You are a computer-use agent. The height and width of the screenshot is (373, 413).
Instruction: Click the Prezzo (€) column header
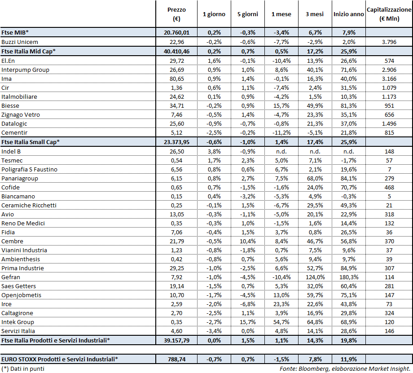pos(176,14)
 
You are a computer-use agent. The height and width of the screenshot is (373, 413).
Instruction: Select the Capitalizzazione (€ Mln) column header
pos(389,14)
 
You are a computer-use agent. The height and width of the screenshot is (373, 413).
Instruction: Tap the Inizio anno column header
pos(348,14)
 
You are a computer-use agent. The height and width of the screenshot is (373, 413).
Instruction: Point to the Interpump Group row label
pos(25,70)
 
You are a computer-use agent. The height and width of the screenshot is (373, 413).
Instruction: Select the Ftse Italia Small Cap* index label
pos(30,142)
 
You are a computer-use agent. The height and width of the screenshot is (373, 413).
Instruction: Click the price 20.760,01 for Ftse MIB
pos(176,33)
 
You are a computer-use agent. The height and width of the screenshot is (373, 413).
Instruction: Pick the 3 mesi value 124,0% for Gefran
pos(315,277)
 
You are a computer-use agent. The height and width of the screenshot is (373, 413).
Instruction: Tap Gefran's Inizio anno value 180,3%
pos(348,277)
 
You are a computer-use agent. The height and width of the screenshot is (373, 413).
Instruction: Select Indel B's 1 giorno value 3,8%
pos(214,152)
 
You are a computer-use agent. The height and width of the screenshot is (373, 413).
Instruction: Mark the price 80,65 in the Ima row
pos(176,79)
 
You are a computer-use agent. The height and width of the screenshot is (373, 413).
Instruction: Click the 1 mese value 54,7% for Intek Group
pos(281,322)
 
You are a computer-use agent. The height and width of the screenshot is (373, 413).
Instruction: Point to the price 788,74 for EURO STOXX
pos(176,359)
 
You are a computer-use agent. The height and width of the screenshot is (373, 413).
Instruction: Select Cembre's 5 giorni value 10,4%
pos(247,241)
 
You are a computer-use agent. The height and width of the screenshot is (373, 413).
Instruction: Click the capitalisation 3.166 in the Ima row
pos(389,79)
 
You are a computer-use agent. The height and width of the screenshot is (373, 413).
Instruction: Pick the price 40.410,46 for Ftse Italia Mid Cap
pos(176,52)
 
